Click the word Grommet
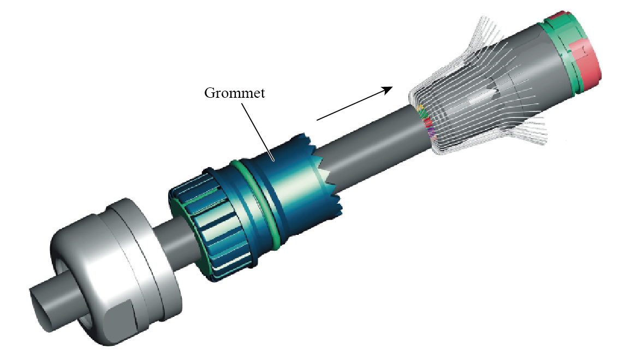234,93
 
